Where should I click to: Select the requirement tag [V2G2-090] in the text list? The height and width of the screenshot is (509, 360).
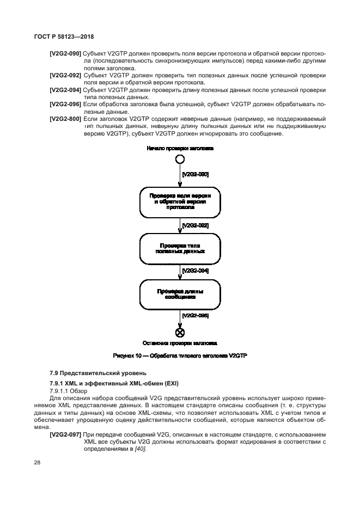tap(65, 54)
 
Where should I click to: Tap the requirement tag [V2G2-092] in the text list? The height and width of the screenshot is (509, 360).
tap(65, 75)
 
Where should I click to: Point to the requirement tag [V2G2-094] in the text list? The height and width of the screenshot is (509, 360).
tap(65, 89)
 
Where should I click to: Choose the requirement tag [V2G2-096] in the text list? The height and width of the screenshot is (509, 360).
tap(65, 103)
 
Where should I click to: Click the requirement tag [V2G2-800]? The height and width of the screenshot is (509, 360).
tap(65, 118)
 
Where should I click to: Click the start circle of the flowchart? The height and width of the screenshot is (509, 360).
tap(179, 159)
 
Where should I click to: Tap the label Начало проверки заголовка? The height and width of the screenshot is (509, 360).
tap(180, 148)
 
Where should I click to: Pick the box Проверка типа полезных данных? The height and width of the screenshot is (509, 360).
tap(180, 248)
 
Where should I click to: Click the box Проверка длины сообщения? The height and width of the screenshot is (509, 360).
tap(180, 295)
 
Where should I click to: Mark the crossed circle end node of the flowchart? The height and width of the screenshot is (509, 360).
tap(179, 333)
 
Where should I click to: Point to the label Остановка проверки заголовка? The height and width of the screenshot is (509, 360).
tap(180, 344)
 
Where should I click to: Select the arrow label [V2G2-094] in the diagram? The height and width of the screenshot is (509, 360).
tap(195, 271)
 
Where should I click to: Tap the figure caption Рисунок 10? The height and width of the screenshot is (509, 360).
tap(180, 355)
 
